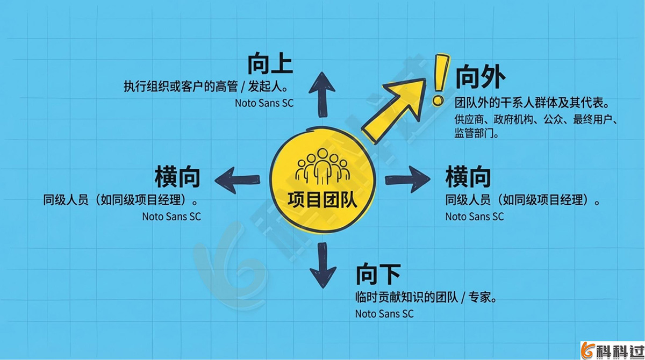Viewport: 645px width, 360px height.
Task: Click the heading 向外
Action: (x=480, y=78)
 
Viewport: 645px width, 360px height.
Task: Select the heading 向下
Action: (x=378, y=275)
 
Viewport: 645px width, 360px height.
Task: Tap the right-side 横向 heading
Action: (x=468, y=177)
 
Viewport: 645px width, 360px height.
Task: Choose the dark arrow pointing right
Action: (x=408, y=178)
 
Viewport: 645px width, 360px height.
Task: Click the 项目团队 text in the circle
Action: (x=322, y=200)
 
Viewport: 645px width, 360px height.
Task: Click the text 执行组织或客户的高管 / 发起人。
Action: (x=206, y=87)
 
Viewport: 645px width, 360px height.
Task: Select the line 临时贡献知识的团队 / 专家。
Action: (x=425, y=297)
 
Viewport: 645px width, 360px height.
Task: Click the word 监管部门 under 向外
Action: (x=473, y=134)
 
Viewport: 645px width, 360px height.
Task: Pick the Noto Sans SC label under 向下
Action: (x=384, y=314)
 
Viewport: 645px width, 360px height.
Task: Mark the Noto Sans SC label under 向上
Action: (x=264, y=103)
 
